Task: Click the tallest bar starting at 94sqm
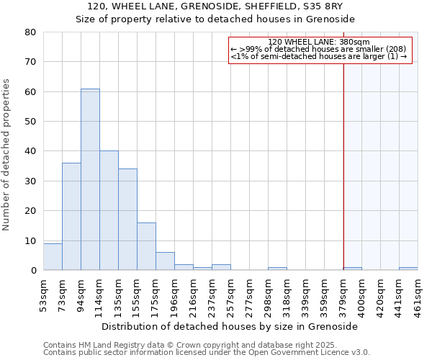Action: (90, 179)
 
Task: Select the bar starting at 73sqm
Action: (71, 216)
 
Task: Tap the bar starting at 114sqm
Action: (109, 210)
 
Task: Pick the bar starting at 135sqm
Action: (127, 220)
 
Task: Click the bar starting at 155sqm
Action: (146, 246)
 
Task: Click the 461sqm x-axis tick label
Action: (418, 294)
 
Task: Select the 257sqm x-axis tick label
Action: (230, 294)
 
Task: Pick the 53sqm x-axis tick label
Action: (43, 293)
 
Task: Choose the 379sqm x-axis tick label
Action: (343, 294)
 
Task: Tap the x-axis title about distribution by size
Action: (230, 326)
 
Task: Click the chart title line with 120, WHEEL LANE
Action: (216, 6)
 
